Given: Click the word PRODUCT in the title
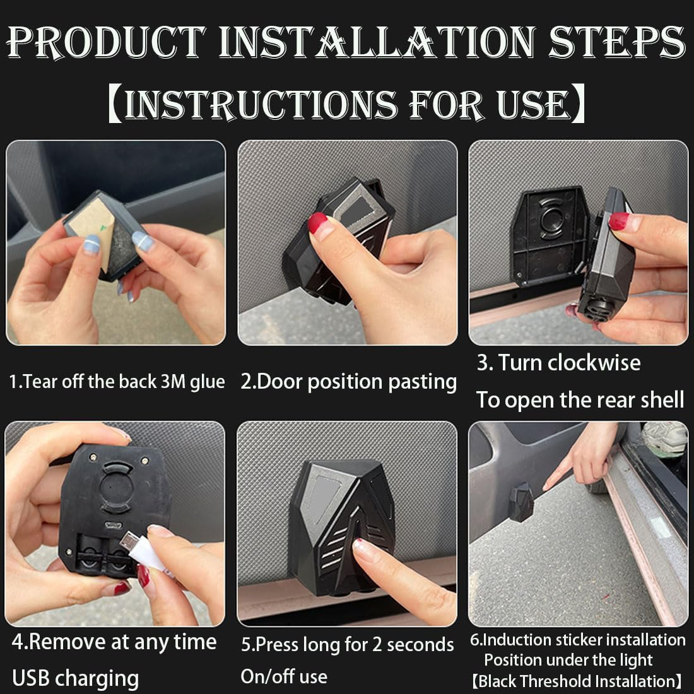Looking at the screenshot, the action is pos(106,42).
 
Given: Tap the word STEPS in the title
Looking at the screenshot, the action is pos(616,42).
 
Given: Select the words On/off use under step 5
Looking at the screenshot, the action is pos(284,677).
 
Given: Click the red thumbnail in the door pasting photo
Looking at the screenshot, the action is pos(318,221).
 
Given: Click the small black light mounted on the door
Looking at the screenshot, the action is pos(521,502).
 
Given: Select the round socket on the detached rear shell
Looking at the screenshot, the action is pos(551,219).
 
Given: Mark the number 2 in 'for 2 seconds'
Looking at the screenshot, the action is pos(377,645).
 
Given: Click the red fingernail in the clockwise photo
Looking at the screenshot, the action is pos(619,221).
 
